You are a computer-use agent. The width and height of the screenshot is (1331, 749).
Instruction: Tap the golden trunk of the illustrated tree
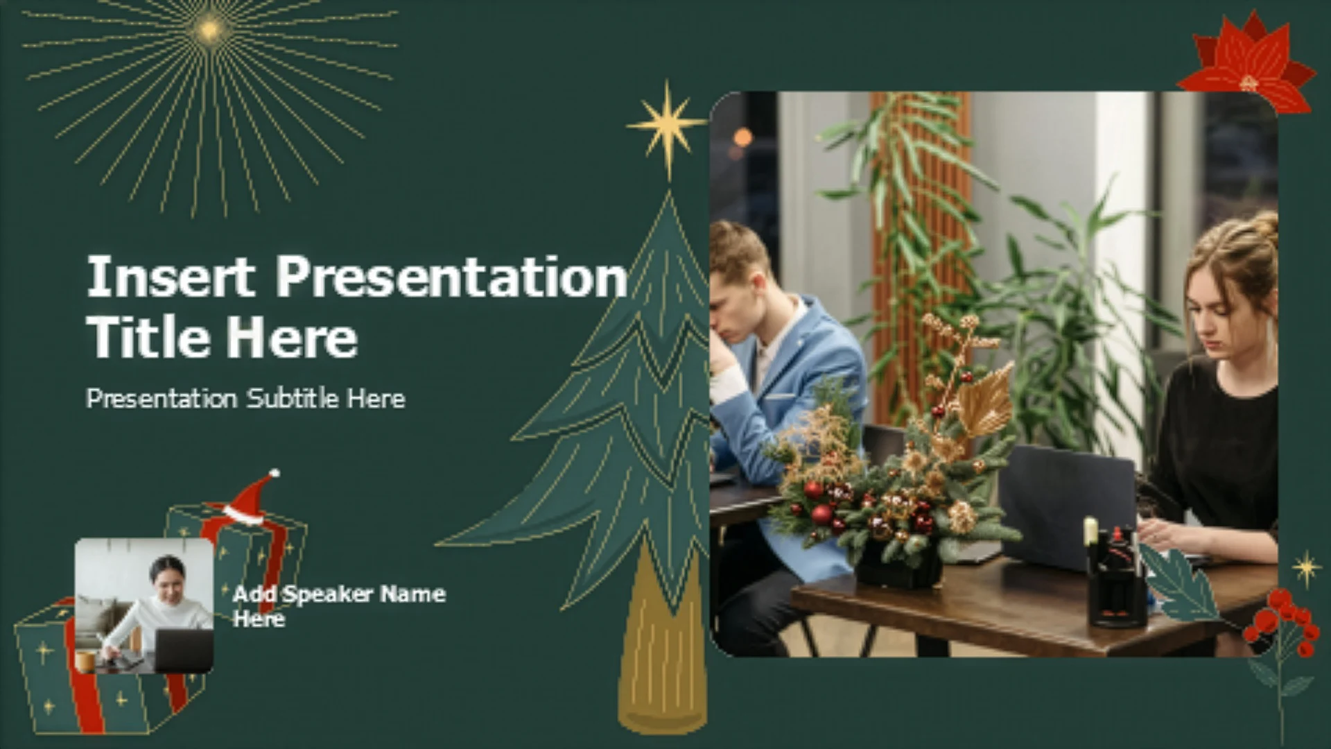[662, 645]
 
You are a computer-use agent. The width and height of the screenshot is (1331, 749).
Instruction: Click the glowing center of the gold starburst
[209, 30]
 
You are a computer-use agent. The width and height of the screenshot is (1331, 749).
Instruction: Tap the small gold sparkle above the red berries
[1307, 569]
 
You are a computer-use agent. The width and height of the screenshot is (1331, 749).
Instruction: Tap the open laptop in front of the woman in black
[1068, 506]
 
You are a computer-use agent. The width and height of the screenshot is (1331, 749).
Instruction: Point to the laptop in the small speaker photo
[183, 651]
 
